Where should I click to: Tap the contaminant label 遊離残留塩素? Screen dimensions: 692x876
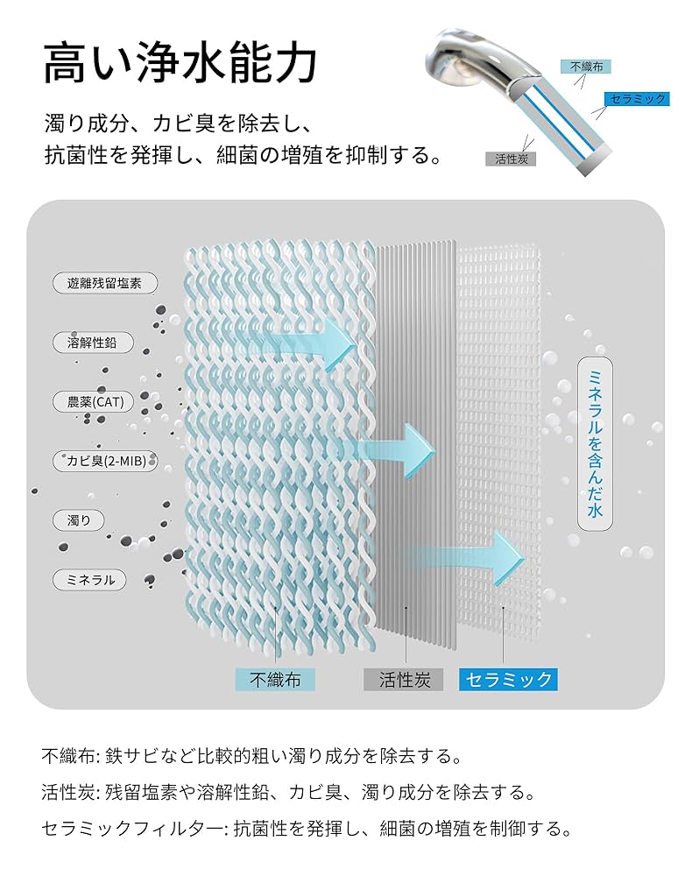[x=104, y=283]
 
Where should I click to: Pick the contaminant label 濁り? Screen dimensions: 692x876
[x=80, y=520]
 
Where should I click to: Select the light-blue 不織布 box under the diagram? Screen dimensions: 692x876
[x=275, y=678]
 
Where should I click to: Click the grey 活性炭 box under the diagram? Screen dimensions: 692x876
[x=404, y=679]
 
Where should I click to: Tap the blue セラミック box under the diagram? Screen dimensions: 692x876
[x=508, y=679]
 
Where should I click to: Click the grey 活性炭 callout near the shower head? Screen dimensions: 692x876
[x=510, y=159]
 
